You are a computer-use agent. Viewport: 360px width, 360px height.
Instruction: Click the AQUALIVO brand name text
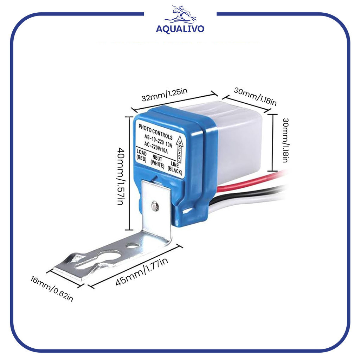point(180,29)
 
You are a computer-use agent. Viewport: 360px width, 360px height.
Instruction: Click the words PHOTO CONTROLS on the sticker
point(155,131)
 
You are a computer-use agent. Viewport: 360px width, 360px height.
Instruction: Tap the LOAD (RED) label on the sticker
point(141,156)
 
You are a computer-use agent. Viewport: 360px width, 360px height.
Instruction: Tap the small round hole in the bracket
point(132,245)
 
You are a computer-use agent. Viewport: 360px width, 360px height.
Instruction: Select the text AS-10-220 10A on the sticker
point(157,140)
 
